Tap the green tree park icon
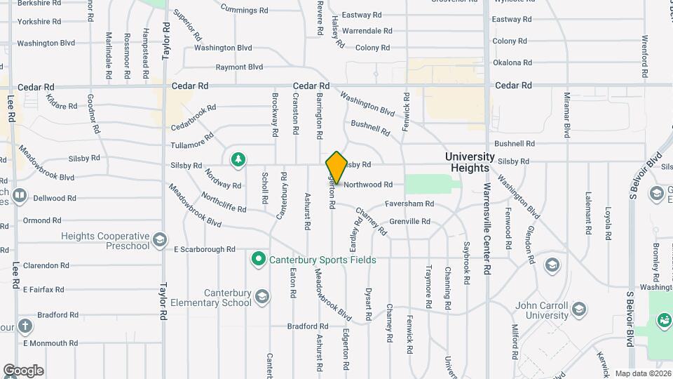[238, 159]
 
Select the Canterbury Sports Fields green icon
[258, 260]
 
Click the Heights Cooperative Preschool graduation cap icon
[161, 241]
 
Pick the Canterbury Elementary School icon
[262, 298]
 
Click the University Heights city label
[470, 162]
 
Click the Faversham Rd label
[409, 204]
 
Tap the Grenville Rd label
[409, 222]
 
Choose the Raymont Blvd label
[239, 67]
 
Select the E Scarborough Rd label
[205, 249]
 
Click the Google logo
[23, 370]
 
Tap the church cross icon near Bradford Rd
[25, 326]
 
